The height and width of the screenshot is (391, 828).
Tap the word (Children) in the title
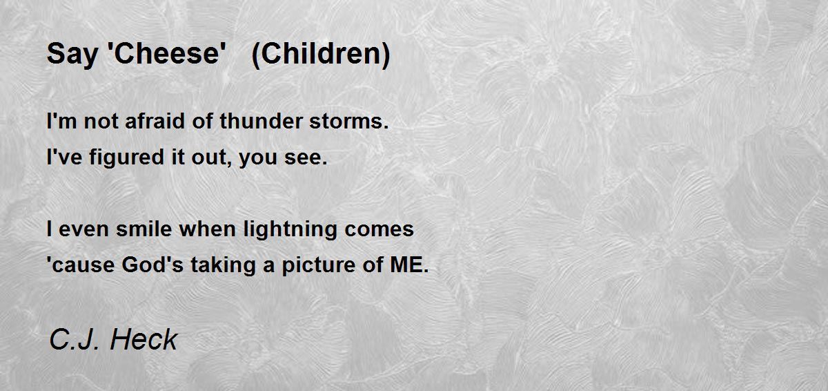coord(321,55)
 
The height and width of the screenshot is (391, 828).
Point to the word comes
coord(382,229)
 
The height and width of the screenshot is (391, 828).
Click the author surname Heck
coord(144,339)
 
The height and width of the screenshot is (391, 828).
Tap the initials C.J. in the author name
coord(76,339)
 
